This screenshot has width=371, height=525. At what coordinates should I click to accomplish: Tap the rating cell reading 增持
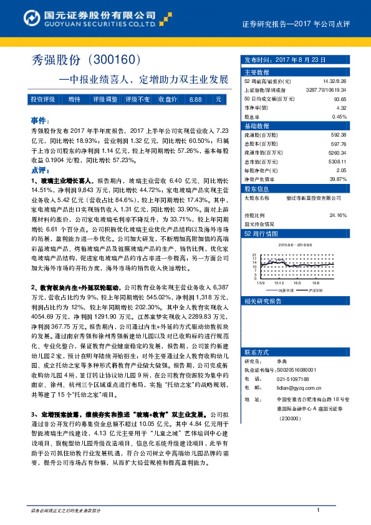click(x=75, y=99)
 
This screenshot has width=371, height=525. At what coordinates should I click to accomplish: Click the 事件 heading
click(x=38, y=119)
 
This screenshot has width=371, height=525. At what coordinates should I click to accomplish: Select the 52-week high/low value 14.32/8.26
click(x=334, y=81)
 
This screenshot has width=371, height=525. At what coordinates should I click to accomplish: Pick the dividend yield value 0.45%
click(x=339, y=116)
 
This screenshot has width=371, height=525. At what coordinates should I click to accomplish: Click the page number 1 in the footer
click(x=319, y=511)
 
